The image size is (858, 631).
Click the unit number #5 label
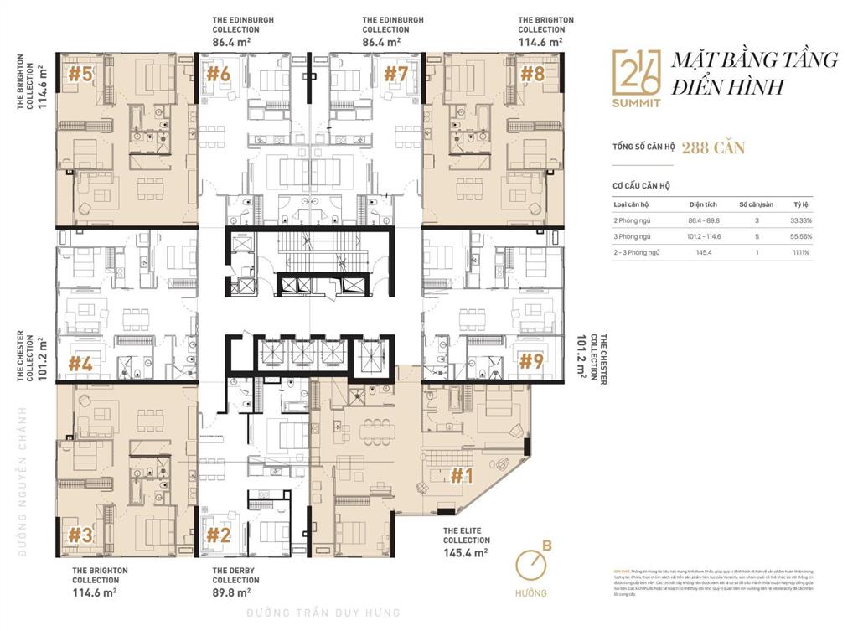point(80,75)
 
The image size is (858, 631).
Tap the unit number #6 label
point(218,74)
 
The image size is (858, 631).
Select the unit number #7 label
point(395,74)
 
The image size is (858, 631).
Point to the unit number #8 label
point(533,75)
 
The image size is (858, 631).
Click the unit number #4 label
point(80,364)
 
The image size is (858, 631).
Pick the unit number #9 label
point(531,361)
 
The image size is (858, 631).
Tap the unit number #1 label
point(463,476)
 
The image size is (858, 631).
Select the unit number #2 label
point(218,534)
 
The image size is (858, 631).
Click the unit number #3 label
point(80,535)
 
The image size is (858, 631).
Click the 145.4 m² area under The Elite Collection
point(466,552)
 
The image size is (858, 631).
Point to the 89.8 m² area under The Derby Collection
point(231,592)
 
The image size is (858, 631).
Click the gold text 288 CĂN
point(713,148)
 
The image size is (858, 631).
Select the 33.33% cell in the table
point(802,220)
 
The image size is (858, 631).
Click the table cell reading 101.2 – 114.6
point(706,236)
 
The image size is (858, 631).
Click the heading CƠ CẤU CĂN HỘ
point(642,185)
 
